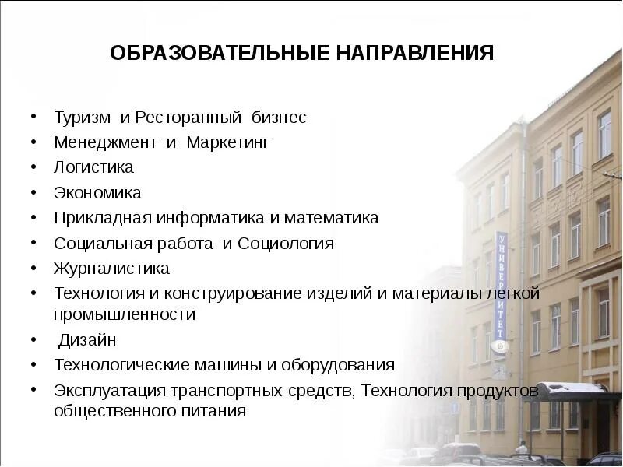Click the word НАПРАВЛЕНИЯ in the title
pyautogui.click(x=416, y=54)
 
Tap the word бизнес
pyautogui.click(x=278, y=118)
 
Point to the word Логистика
pyautogui.click(x=93, y=167)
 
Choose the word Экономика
pyautogui.click(x=97, y=192)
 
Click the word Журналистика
pyautogui.click(x=111, y=269)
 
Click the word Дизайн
pyautogui.click(x=88, y=340)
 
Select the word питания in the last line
pyautogui.click(x=218, y=411)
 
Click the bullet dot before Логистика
pyautogui.click(x=34, y=167)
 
